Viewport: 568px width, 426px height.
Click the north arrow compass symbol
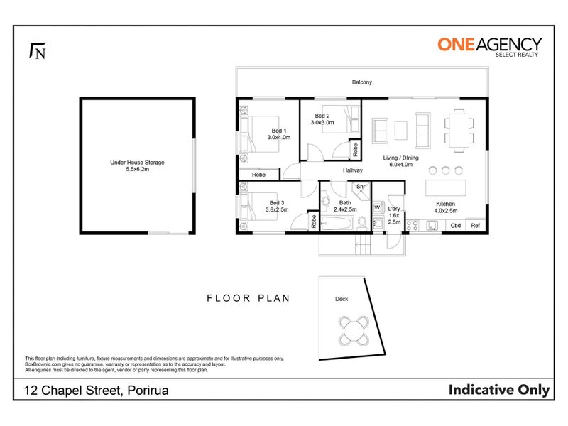[38, 50]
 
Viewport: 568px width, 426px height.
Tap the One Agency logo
[489, 46]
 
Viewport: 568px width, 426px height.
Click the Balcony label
[362, 82]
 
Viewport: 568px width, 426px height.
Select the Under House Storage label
[137, 163]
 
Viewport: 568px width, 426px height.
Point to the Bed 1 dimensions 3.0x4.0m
[279, 137]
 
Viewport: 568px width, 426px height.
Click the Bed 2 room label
[322, 116]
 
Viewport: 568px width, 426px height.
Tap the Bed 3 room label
[277, 203]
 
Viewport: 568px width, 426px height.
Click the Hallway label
[353, 170]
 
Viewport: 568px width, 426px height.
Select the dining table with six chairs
[459, 130]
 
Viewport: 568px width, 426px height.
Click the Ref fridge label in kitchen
[475, 225]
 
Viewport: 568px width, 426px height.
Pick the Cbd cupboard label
[455, 225]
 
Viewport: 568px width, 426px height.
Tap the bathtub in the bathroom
[337, 223]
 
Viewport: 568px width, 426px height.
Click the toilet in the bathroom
[362, 223]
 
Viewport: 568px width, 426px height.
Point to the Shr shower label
[361, 187]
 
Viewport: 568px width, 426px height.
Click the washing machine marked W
[378, 207]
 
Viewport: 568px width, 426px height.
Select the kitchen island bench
[446, 187]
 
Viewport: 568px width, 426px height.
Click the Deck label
[342, 299]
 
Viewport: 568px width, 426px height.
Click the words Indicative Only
[499, 390]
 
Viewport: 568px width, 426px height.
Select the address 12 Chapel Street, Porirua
[96, 390]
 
